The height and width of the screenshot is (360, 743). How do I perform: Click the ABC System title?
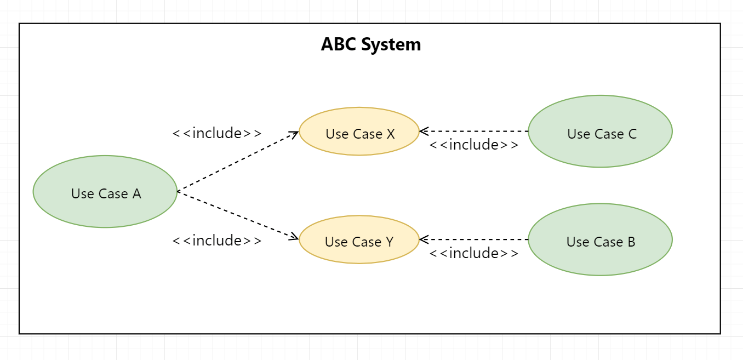pyautogui.click(x=371, y=44)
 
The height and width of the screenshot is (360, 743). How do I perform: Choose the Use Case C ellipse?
pyautogui.click(x=600, y=132)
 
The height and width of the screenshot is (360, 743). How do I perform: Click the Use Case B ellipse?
pyautogui.click(x=600, y=239)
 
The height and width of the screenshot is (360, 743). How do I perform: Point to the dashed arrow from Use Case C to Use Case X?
pyautogui.click(x=475, y=132)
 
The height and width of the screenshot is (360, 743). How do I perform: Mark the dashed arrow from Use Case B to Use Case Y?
pyautogui.click(x=475, y=239)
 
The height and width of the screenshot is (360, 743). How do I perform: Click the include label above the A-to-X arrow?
pyautogui.click(x=217, y=133)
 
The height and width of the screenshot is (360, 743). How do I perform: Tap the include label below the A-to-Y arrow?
pyautogui.click(x=217, y=241)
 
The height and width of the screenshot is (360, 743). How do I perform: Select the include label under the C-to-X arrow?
pyautogui.click(x=473, y=145)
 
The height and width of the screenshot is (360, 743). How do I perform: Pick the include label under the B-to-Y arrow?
pyautogui.click(x=473, y=253)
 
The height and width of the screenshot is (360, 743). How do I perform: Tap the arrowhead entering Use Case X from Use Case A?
pyautogui.click(x=295, y=133)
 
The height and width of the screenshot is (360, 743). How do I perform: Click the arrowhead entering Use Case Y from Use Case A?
pyautogui.click(x=295, y=238)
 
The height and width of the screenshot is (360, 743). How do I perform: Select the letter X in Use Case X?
pyautogui.click(x=390, y=134)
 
